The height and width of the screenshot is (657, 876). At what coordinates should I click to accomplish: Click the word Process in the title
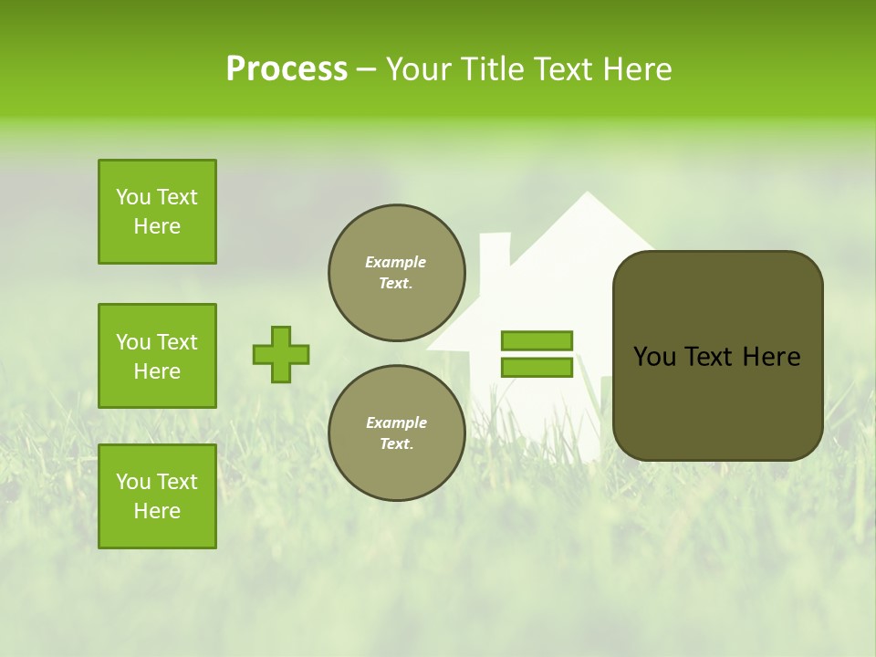point(287,68)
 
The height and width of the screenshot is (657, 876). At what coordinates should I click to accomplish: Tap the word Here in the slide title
point(635,68)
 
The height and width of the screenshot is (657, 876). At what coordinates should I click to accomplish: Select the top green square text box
point(157,212)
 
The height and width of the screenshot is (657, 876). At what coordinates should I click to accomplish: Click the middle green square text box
point(157,356)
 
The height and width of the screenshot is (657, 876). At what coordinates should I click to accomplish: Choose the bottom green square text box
point(157,496)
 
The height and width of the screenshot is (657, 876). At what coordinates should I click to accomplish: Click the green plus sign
point(281,354)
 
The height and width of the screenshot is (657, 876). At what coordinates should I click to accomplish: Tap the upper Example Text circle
point(396,272)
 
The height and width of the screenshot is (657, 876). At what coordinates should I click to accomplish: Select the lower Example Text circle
point(396,433)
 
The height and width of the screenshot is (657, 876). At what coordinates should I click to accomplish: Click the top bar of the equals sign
point(537,340)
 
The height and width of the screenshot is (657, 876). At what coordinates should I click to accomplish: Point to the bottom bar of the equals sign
point(537,367)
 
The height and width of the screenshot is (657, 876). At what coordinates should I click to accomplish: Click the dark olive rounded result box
point(717,356)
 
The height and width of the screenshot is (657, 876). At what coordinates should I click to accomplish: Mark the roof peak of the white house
point(587,196)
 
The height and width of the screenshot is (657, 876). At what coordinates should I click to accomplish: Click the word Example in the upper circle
point(396,262)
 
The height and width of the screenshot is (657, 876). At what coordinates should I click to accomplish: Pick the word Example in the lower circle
point(396,422)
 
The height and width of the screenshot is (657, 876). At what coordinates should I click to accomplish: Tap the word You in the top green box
point(132,197)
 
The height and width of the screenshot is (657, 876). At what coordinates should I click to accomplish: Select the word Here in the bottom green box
point(157,511)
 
